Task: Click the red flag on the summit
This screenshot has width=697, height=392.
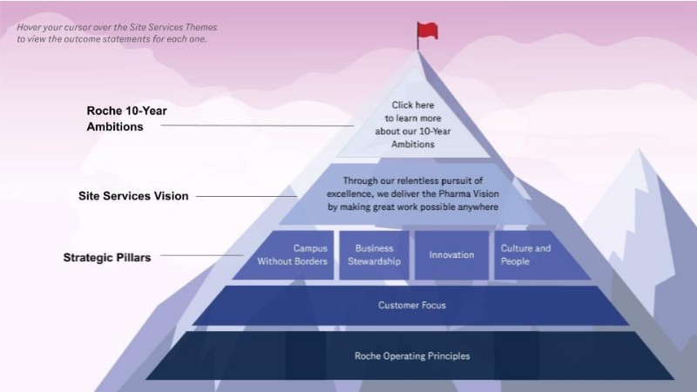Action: pyautogui.click(x=427, y=31)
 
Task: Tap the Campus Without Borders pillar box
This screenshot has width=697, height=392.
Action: pyautogui.click(x=284, y=254)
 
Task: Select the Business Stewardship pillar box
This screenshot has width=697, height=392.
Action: pyautogui.click(x=374, y=254)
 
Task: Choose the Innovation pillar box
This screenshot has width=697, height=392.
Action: pyautogui.click(x=451, y=254)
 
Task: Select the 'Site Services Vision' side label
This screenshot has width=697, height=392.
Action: pyautogui.click(x=133, y=196)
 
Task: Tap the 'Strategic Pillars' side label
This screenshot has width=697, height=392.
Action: pyautogui.click(x=107, y=257)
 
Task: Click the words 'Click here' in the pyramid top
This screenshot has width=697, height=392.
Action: pyautogui.click(x=412, y=105)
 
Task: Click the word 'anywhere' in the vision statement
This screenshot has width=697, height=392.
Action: pyautogui.click(x=474, y=207)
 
